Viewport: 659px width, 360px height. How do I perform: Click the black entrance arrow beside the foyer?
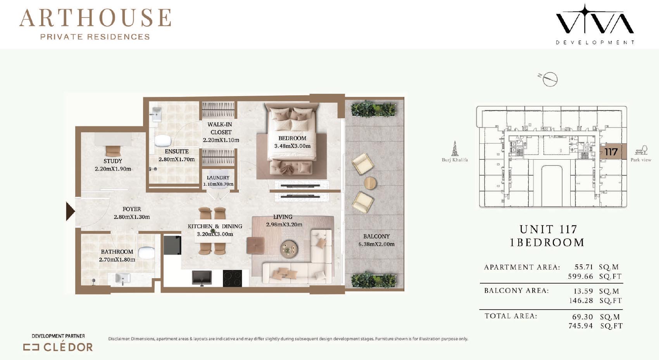coord(70,211)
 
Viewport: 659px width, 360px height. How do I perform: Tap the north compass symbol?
coord(549,79)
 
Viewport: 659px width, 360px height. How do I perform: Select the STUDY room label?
coord(113,161)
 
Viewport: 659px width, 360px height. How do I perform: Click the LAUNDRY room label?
coord(218,177)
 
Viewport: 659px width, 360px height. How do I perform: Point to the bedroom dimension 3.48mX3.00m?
coord(292,146)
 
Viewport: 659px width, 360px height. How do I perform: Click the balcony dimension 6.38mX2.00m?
coord(376,244)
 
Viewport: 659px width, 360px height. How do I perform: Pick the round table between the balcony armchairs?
coord(370,183)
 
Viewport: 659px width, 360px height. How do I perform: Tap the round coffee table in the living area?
coord(289,249)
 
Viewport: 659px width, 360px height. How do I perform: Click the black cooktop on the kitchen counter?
coord(233,278)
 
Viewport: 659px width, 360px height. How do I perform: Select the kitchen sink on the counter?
coord(202,278)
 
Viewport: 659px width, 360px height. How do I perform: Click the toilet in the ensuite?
coord(163,141)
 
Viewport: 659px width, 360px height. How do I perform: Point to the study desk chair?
coord(113,151)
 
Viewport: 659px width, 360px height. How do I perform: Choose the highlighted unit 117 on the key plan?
coord(611,152)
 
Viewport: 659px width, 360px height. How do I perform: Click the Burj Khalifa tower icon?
coord(455,148)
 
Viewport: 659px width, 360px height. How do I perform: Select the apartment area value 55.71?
coord(584,267)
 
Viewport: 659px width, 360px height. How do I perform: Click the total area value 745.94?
coord(580,326)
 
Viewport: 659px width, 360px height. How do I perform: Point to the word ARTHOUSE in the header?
coord(95,18)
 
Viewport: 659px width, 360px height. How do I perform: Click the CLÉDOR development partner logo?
coord(58,347)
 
